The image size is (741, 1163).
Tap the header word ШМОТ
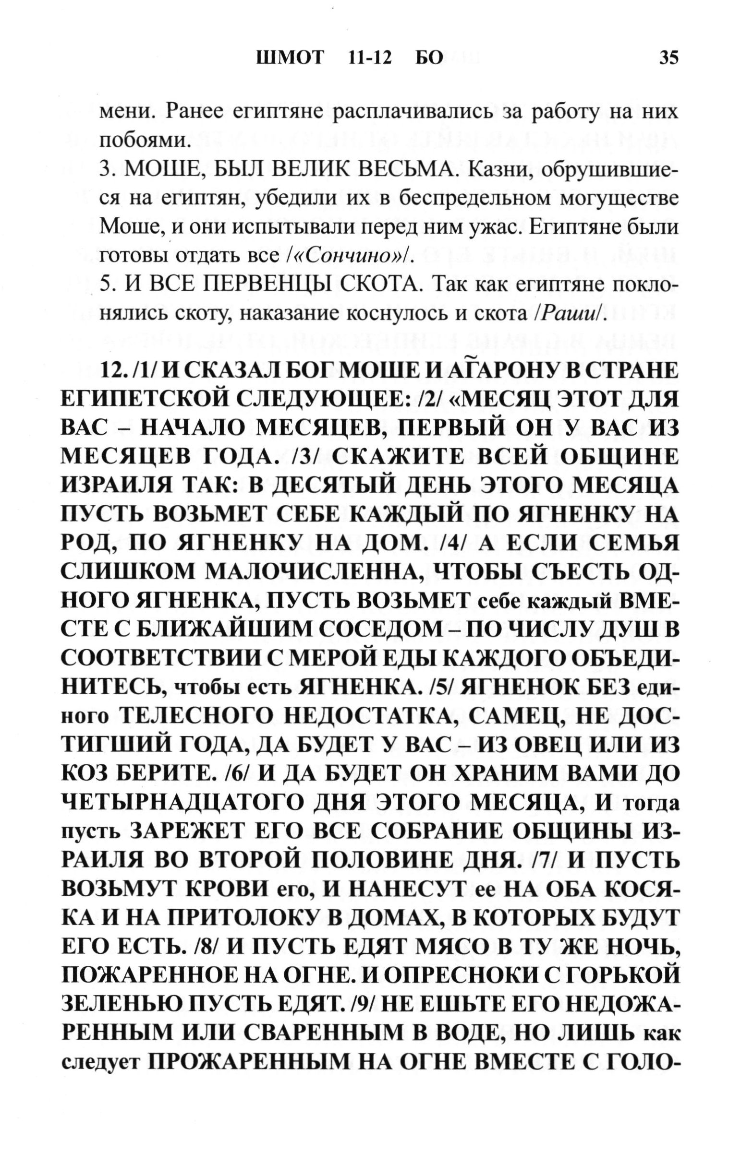(x=289, y=58)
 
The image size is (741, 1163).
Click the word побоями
(x=143, y=141)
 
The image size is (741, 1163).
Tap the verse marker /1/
(x=145, y=371)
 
